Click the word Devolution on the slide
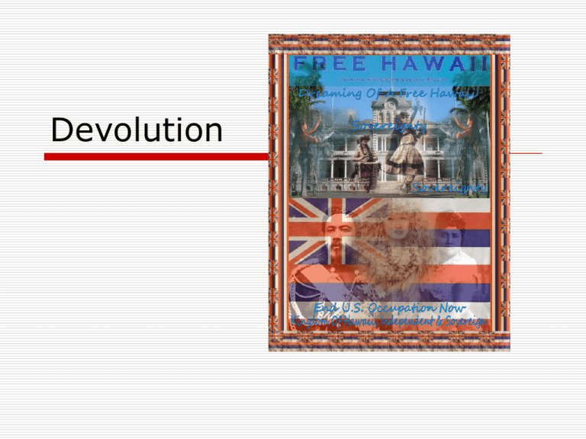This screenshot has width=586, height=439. click(x=137, y=130)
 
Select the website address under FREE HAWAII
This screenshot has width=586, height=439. click(x=389, y=78)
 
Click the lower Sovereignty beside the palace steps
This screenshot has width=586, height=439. click(x=448, y=186)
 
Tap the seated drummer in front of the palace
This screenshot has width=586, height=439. click(x=367, y=165)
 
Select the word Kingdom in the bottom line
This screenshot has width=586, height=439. click(x=309, y=322)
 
